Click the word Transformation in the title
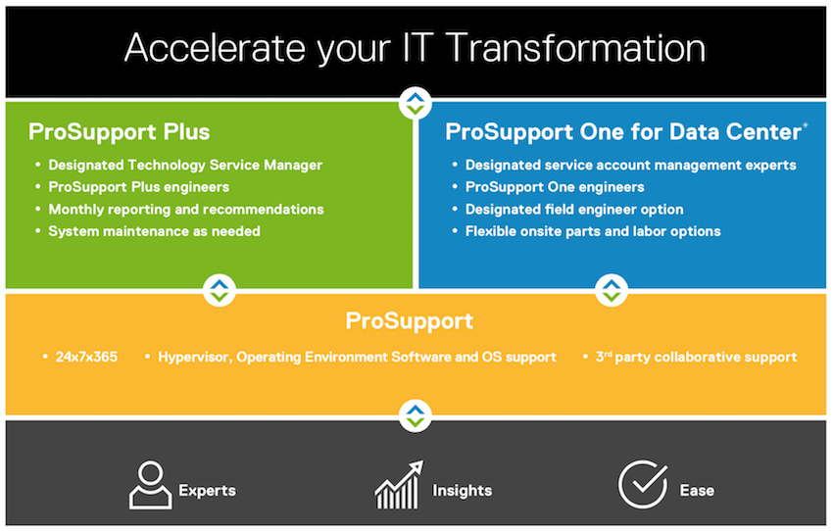(x=577, y=48)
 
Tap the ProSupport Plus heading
(x=119, y=132)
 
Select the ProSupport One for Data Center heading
(x=626, y=132)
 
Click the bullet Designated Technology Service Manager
(x=185, y=166)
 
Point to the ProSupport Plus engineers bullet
(x=138, y=187)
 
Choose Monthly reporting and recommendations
(x=186, y=210)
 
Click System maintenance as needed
(x=154, y=231)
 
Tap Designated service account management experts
(x=630, y=166)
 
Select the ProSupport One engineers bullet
(x=555, y=187)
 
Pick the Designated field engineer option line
(x=574, y=210)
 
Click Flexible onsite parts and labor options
(x=593, y=231)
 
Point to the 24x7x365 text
(x=86, y=357)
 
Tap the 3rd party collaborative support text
(x=697, y=357)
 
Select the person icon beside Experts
(x=150, y=485)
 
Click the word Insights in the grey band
(x=463, y=490)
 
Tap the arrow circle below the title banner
(x=416, y=104)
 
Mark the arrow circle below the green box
(x=220, y=290)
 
